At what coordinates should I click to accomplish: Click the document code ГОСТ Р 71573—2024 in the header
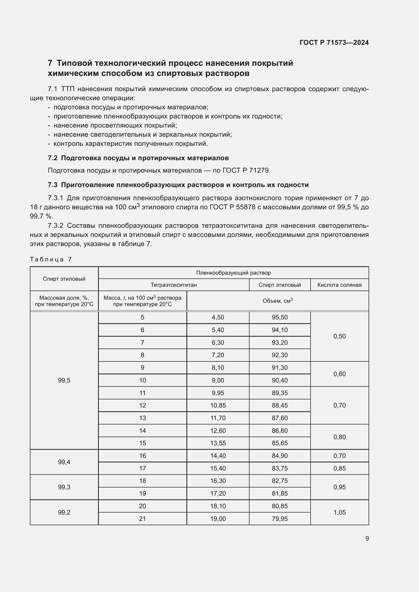334,43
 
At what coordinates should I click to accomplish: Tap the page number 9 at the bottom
367,538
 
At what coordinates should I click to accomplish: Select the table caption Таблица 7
51,259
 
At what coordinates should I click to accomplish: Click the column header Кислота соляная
339,285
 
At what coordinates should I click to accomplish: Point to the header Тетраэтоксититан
174,285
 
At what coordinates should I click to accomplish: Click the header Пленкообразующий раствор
233,273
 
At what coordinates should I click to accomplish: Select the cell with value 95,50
280,317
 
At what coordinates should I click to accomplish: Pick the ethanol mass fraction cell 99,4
64,462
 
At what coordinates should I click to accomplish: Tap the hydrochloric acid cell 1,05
339,512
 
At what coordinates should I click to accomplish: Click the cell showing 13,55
218,443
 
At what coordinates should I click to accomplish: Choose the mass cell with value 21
142,519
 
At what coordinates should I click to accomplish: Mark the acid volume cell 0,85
339,468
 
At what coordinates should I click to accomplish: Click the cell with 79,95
280,519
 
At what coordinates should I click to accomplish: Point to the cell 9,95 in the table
218,393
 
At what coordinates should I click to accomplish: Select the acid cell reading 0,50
339,336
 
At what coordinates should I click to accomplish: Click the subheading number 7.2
52,158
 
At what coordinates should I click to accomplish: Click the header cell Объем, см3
277,301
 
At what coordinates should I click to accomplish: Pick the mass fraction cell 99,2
64,512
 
